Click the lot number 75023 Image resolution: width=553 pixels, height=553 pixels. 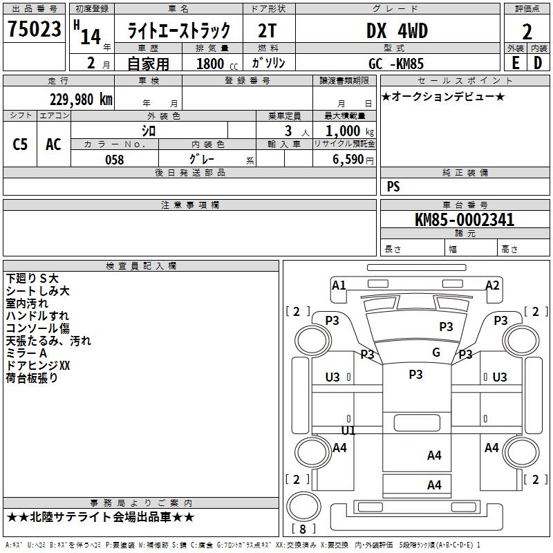pyautogui.click(x=34, y=30)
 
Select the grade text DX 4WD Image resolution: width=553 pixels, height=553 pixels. pyautogui.click(x=397, y=31)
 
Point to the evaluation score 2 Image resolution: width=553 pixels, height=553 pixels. pyautogui.click(x=527, y=31)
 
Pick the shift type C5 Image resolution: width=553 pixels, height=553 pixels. pyautogui.click(x=20, y=144)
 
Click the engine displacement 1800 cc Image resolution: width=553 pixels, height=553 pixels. pyautogui.click(x=211, y=64)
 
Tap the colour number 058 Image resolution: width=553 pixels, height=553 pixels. pyautogui.click(x=114, y=160)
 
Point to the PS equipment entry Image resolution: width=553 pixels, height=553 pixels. pyautogui.click(x=393, y=187)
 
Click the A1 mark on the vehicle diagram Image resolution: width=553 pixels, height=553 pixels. pyautogui.click(x=339, y=285)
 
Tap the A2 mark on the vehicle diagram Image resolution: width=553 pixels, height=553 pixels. pyautogui.click(x=492, y=285)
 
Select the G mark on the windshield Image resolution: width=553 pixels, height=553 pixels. pyautogui.click(x=435, y=353)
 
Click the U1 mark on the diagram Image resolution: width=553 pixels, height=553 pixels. pyautogui.click(x=348, y=431)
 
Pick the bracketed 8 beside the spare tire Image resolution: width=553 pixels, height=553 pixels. pyautogui.click(x=302, y=530)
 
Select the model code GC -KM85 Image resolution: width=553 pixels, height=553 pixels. pyautogui.click(x=396, y=64)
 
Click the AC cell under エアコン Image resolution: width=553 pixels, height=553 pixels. pyautogui.click(x=53, y=144)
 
